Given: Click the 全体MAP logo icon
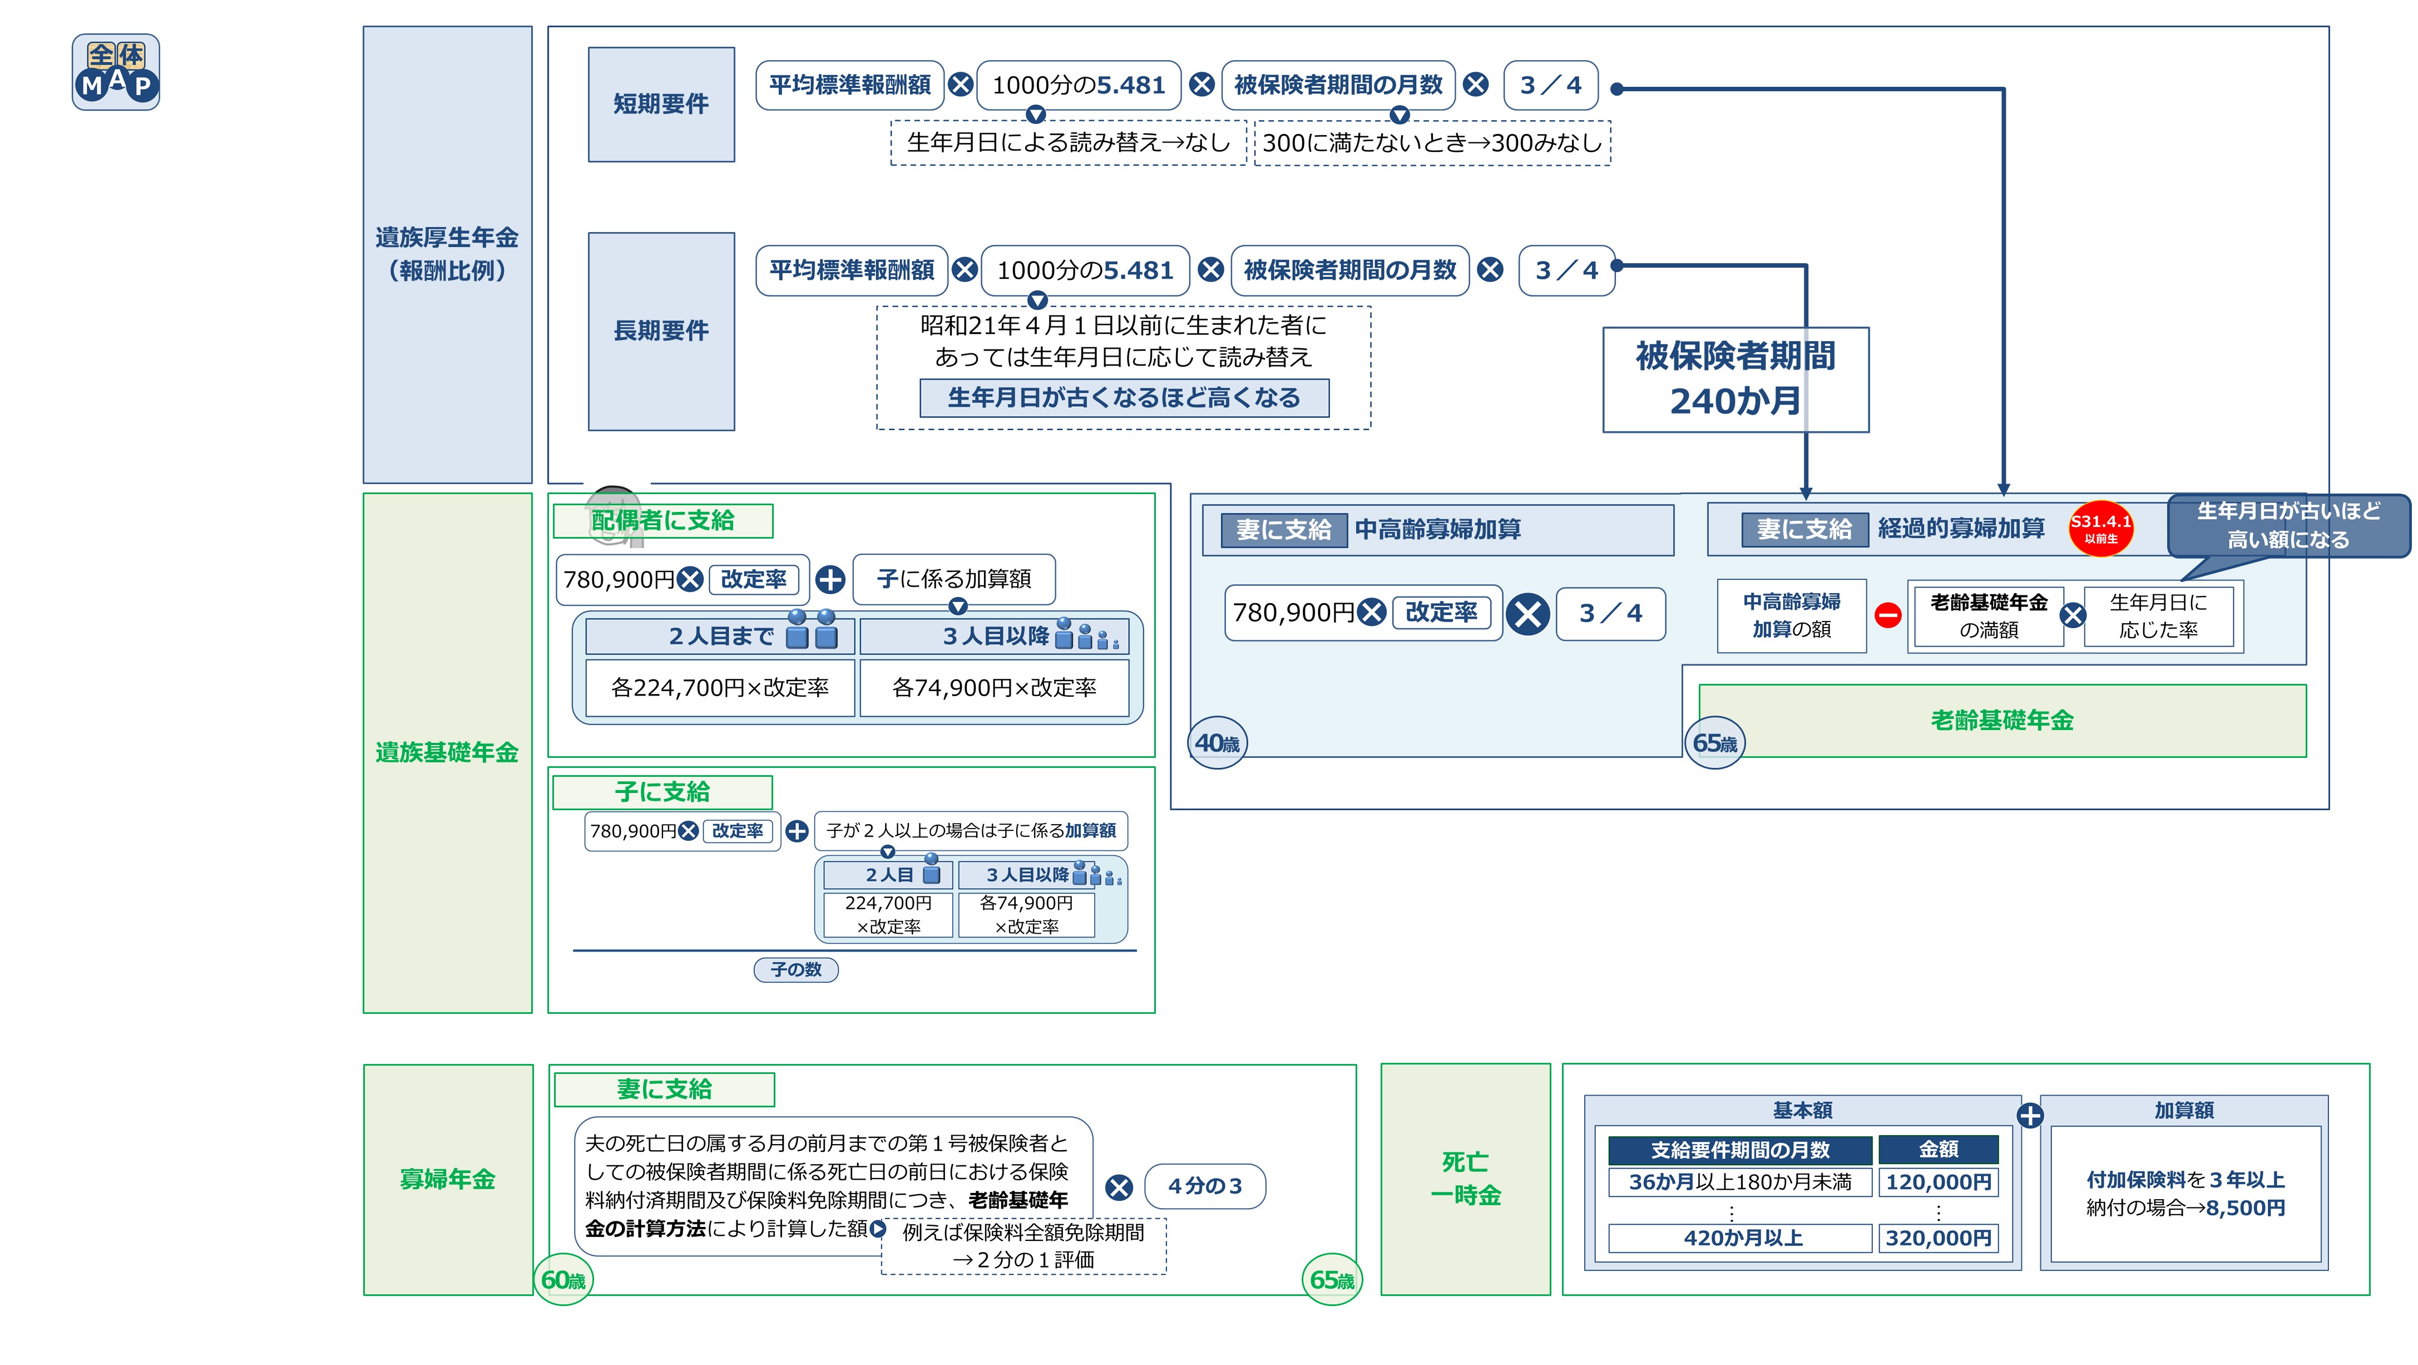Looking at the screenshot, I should click(116, 72).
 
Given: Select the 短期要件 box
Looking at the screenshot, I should click(661, 104).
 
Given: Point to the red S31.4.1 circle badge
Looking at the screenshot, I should click(2101, 528).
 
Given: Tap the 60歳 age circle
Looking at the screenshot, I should click(563, 1279).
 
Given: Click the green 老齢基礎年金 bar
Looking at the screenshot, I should click(2001, 720).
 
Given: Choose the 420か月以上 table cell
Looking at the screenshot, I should click(1740, 1238).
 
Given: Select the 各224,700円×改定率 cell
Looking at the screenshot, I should click(719, 688).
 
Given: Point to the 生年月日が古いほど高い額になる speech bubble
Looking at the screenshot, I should click(2287, 526).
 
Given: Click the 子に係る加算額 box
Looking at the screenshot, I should click(953, 579).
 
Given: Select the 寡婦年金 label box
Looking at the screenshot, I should click(448, 1179).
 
